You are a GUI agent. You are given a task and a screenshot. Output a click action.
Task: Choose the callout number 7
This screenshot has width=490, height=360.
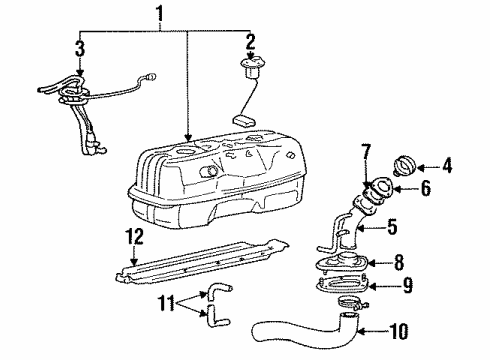point(367,152)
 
